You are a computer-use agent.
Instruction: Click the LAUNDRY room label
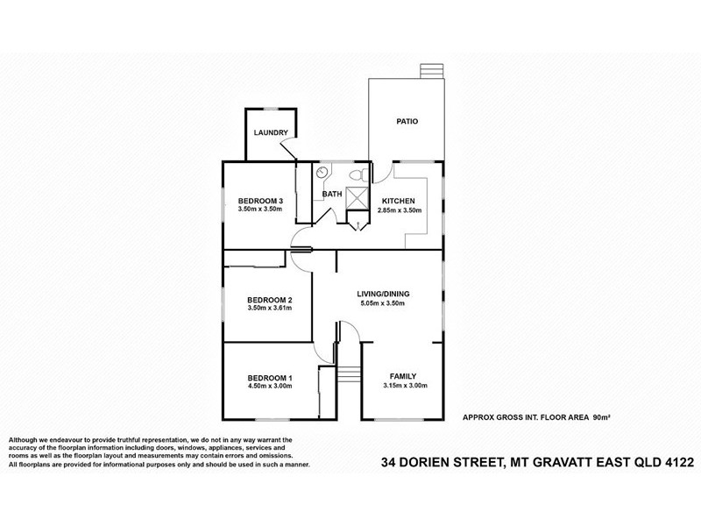click(271, 132)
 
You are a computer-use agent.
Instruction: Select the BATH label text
click(332, 194)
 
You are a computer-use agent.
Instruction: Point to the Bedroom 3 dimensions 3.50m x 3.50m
click(260, 210)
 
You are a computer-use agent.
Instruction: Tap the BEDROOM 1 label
click(271, 377)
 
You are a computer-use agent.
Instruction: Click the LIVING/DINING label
click(384, 293)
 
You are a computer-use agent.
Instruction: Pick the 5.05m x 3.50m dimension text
click(384, 302)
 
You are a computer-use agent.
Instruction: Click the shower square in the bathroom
click(358, 197)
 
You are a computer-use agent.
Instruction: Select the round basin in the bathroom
click(322, 172)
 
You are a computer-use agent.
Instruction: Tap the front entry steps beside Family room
click(349, 375)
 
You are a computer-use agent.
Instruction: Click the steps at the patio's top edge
click(430, 71)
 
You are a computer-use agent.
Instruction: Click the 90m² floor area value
click(600, 418)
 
